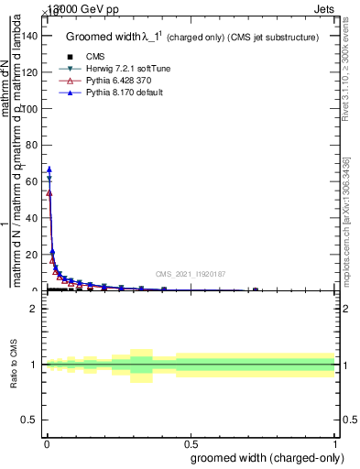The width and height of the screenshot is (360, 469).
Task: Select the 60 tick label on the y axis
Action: [x=33, y=181]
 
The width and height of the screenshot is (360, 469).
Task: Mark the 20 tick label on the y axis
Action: [x=33, y=255]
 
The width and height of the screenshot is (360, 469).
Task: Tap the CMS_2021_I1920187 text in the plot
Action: [x=191, y=273]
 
